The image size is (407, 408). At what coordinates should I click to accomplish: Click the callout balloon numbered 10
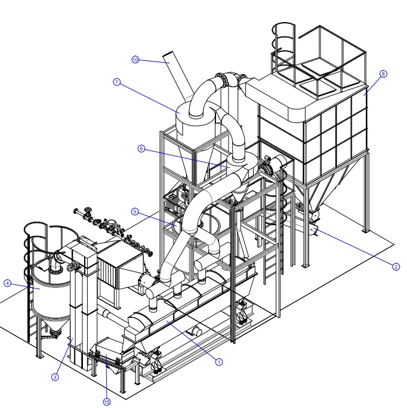coord(135,60)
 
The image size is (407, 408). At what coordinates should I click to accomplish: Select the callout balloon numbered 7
coord(117,82)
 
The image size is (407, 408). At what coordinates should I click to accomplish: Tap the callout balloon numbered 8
coord(383,74)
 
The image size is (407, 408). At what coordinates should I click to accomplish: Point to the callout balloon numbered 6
coord(141,149)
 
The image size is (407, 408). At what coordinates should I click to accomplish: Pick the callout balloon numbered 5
coord(135,211)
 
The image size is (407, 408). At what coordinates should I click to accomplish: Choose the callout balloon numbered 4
coord(8,283)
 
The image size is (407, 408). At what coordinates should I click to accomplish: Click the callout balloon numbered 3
coord(55,377)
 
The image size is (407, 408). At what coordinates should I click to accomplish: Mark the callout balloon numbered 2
coord(396,266)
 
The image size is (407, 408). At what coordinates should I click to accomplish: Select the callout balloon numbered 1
coord(219,362)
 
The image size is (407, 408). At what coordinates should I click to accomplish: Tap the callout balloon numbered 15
coord(107,402)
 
